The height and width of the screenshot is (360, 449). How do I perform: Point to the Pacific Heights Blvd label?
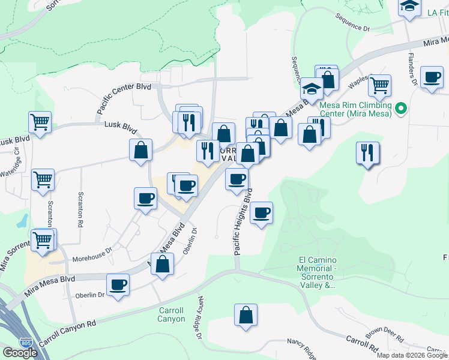point(243,221)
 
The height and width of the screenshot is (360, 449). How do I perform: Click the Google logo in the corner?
point(20,353)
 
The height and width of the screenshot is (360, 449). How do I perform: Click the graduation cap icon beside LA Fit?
point(409,7)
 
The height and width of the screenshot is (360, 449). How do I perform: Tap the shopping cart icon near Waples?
point(379,86)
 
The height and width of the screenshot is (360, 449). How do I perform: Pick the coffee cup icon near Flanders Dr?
point(432,78)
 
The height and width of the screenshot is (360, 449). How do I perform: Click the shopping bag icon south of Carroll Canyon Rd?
point(246,315)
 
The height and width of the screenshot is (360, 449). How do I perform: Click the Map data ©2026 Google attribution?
point(412,355)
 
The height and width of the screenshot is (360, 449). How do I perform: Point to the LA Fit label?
point(438,12)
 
